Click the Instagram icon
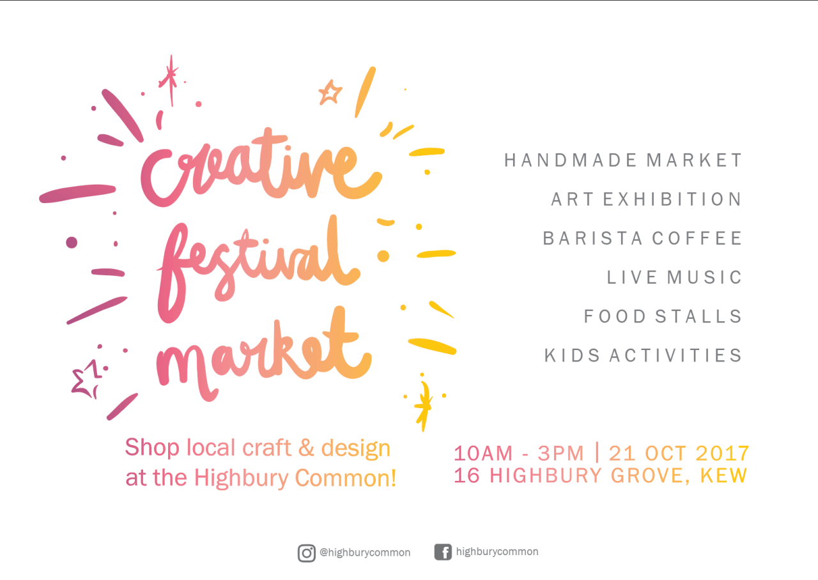pyautogui.click(x=306, y=553)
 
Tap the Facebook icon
pyautogui.click(x=443, y=552)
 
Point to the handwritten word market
pyautogui.click(x=264, y=354)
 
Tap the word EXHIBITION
pyautogui.click(x=672, y=199)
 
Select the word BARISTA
pyautogui.click(x=592, y=238)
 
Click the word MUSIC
pyautogui.click(x=704, y=277)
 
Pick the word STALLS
pyautogui.click(x=698, y=316)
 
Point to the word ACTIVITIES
pyautogui.click(x=675, y=356)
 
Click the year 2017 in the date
pyautogui.click(x=722, y=454)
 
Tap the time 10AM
pyautogui.click(x=483, y=454)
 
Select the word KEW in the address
pyautogui.click(x=723, y=476)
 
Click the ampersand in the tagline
pyautogui.click(x=306, y=448)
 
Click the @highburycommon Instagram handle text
pyautogui.click(x=365, y=553)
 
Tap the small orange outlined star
pyautogui.click(x=330, y=93)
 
